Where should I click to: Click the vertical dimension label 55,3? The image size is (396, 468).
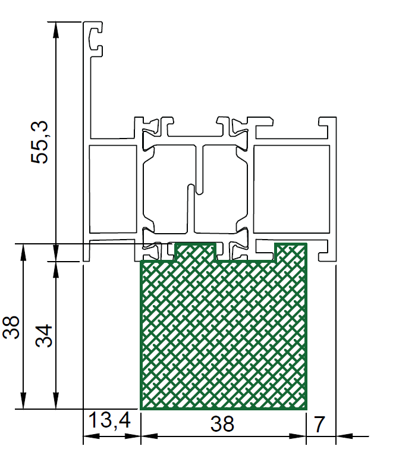39,142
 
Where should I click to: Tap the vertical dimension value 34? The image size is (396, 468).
44,335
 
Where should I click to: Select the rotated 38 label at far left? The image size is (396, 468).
11,328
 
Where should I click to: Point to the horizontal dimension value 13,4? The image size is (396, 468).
109,420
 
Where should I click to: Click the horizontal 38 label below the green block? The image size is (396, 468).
222,423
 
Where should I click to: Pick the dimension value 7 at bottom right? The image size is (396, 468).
319,424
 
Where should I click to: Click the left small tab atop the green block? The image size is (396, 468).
195,252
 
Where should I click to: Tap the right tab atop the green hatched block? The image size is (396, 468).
291,252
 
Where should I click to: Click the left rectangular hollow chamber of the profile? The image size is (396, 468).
113,189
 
